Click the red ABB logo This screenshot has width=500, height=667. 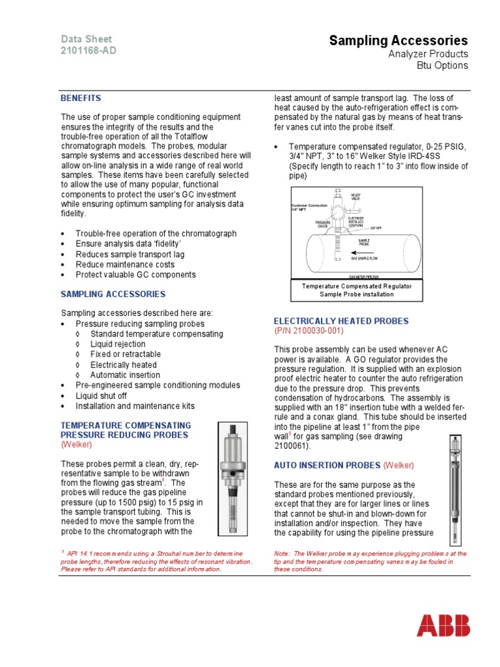point(443,627)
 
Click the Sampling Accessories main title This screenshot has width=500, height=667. point(398,41)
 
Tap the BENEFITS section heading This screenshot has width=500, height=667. point(81,98)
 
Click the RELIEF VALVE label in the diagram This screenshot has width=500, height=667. point(355,196)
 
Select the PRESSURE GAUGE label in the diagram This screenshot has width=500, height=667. point(324,223)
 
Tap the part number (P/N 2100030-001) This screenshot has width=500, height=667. point(309,331)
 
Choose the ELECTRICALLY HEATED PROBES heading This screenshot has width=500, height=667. point(341,321)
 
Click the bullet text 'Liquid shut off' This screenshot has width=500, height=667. point(101,396)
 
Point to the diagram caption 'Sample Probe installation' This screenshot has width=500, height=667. point(356,294)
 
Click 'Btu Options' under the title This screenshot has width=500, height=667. point(442,66)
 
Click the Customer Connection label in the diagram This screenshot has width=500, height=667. point(309,206)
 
